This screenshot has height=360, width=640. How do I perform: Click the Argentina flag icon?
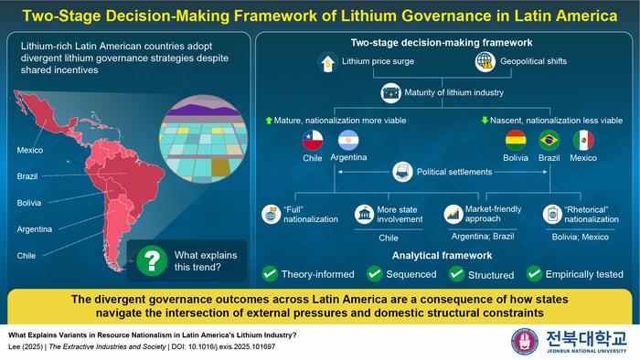348,140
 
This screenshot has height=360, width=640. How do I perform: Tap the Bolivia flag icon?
516,140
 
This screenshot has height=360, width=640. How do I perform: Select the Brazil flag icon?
549,140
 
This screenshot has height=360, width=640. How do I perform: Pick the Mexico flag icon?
583,140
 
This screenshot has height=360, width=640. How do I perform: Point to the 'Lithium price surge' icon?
326,62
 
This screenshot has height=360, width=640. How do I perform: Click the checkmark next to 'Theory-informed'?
270,272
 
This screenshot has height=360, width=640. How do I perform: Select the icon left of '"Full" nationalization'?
271,214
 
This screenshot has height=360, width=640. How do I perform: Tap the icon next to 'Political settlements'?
400,170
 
